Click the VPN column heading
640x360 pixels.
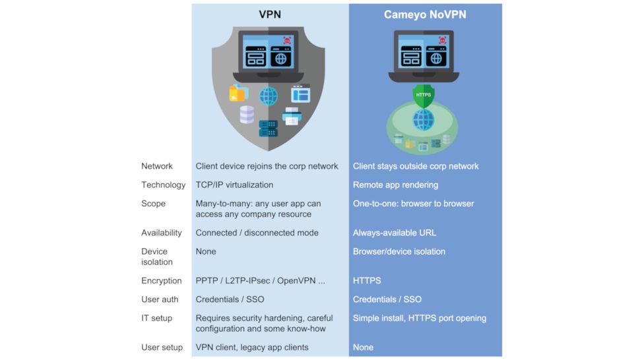[x=269, y=14]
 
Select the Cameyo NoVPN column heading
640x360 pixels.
[x=424, y=14]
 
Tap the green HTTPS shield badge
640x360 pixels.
[x=424, y=95]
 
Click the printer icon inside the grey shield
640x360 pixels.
[x=292, y=117]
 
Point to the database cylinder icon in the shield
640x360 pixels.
[x=247, y=114]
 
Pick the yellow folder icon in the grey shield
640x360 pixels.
[x=238, y=94]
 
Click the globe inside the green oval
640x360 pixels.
[x=424, y=120]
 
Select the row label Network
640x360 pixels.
[x=157, y=166]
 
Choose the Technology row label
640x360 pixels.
[x=163, y=185]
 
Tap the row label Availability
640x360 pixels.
[x=161, y=233]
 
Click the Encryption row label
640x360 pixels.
[x=161, y=280]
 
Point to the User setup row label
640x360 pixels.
[x=162, y=347]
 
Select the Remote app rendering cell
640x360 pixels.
[x=395, y=185]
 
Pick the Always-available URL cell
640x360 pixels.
[x=395, y=233]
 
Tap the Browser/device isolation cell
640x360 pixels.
[x=399, y=251]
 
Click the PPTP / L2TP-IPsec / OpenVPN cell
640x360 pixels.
[x=260, y=280]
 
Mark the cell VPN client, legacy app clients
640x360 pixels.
[x=252, y=347]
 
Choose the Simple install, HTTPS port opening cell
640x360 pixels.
[x=419, y=318]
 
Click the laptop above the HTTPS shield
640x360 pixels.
[x=424, y=55]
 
